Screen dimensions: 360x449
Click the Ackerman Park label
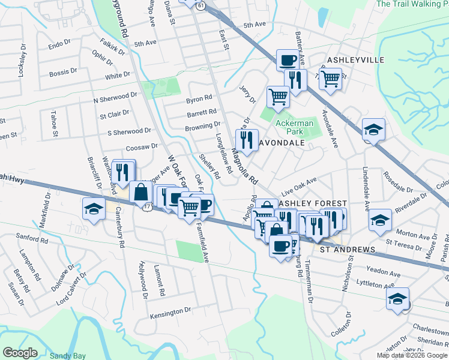pos(294,127)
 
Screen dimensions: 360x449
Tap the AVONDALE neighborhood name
pos(283,143)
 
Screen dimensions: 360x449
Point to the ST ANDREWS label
pos(348,249)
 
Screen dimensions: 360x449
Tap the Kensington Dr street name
pos(170,313)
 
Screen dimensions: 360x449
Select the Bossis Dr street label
pos(64,72)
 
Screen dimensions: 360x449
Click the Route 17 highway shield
pos(148,206)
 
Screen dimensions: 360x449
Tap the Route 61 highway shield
pos(200,5)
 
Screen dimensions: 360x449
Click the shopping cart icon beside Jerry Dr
pos(278,95)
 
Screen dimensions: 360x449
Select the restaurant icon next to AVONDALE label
pos(247,140)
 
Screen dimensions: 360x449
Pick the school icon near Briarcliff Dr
pos(93,209)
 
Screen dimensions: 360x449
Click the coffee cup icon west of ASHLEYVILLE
pos(288,60)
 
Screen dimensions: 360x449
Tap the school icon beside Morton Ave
pos(380,220)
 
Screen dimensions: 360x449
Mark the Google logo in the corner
pos(20,353)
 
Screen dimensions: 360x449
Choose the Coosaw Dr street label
pos(142,146)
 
